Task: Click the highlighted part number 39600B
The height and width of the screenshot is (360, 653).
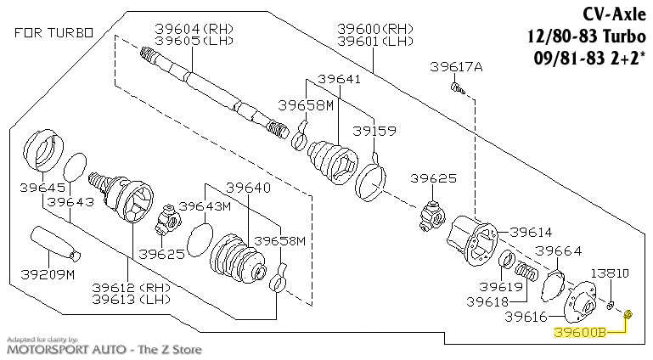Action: [580, 332]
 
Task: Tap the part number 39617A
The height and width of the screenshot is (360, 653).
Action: [456, 66]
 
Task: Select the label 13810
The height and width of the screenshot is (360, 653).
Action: [611, 273]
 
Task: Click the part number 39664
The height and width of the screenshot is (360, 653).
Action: [558, 250]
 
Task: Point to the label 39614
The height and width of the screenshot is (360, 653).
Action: [531, 232]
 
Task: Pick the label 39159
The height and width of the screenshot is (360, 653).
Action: [374, 132]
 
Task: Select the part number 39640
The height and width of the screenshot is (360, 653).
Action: [248, 187]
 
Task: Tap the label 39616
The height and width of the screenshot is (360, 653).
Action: [526, 317]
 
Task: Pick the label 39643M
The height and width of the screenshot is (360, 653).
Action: [206, 206]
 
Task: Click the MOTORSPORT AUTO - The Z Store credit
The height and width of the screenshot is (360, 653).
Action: [105, 348]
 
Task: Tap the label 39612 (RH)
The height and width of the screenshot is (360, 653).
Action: [132, 287]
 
